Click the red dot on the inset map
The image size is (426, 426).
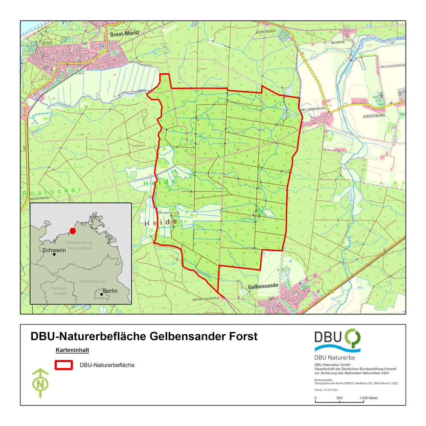click(72, 231)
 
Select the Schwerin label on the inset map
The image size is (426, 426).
click(54, 250)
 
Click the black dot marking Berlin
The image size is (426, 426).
click(101, 294)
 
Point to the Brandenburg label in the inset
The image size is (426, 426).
click(92, 282)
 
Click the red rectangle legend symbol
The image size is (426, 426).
click(63, 365)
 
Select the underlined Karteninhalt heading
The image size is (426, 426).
click(72, 351)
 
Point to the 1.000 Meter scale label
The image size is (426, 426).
click(368, 398)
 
